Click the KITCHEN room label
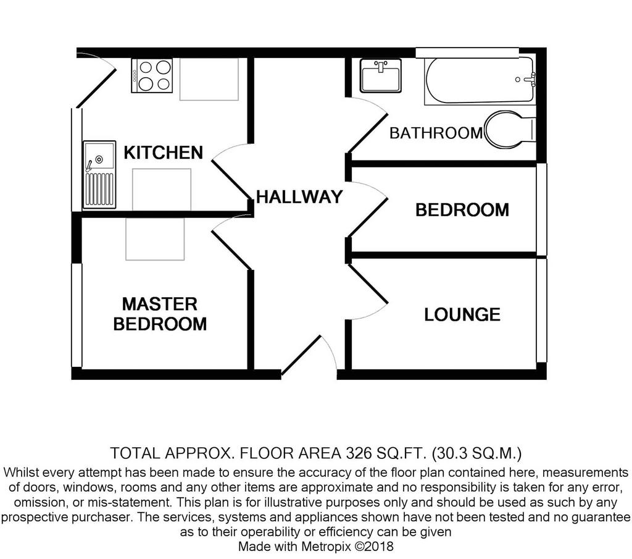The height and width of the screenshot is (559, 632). click(x=163, y=153)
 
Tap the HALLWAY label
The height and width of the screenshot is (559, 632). click(x=299, y=197)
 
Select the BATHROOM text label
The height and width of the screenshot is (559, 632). click(x=436, y=133)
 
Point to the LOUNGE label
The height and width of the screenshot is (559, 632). click(x=462, y=314)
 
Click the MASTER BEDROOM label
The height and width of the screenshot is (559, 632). click(x=160, y=314)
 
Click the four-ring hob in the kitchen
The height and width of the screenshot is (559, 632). click(x=152, y=76)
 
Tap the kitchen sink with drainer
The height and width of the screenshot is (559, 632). click(x=99, y=175)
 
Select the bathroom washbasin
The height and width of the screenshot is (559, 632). click(x=380, y=75)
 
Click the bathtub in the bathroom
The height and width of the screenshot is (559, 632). click(x=480, y=80)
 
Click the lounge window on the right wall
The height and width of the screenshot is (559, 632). click(x=541, y=311)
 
